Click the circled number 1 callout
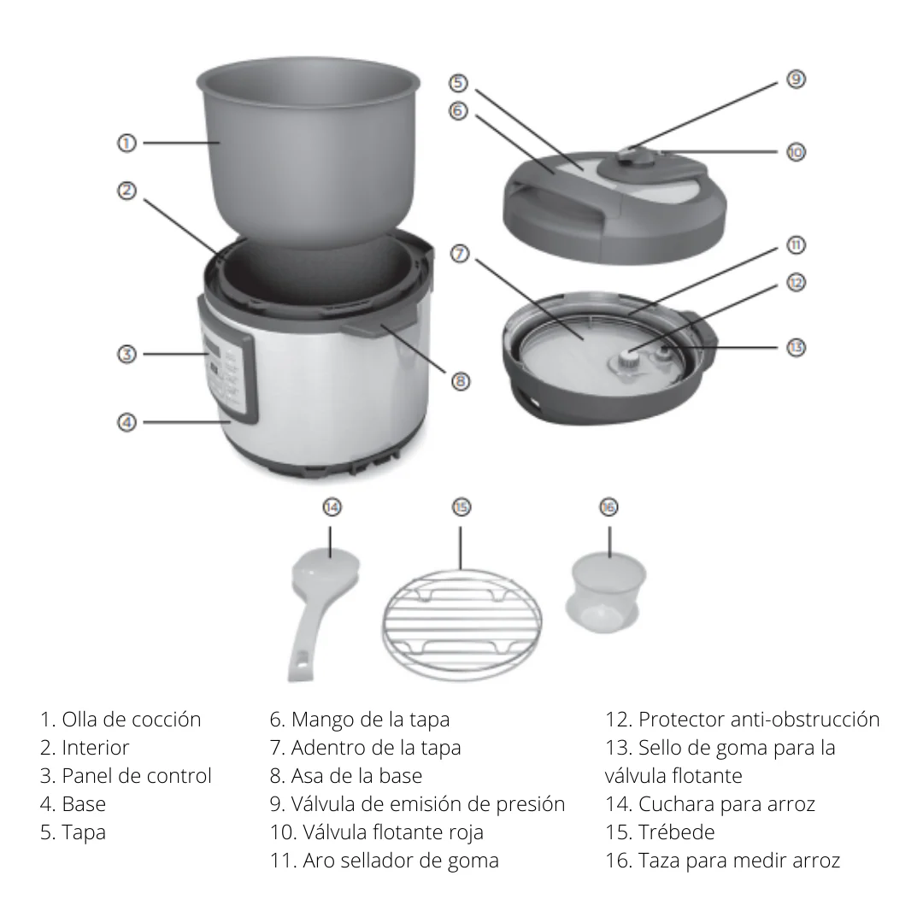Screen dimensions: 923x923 (126, 144)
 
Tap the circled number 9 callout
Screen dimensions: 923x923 (795, 79)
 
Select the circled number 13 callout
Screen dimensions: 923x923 (795, 348)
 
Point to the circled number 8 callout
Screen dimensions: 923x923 (461, 381)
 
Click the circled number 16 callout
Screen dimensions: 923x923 (608, 508)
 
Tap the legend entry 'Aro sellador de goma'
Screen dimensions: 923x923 (385, 860)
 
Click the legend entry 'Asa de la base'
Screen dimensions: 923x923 (346, 776)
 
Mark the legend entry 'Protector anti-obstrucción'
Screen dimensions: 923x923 (743, 720)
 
